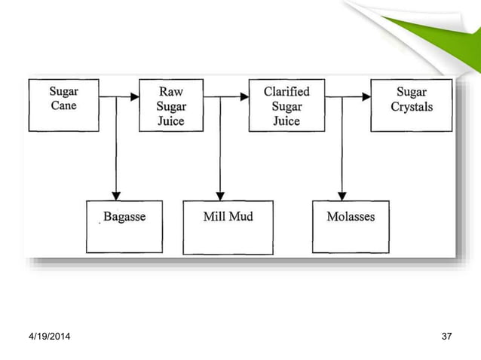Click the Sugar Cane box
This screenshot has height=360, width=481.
click(63, 105)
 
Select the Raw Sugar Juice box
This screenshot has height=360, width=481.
click(170, 105)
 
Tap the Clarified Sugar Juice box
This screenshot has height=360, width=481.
click(286, 105)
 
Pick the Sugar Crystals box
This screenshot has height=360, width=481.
click(411, 105)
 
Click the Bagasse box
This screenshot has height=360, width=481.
click(124, 226)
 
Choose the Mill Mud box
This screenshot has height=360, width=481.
click(228, 226)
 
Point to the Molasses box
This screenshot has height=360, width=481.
click(351, 226)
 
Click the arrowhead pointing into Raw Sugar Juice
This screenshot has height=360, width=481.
click(134, 96)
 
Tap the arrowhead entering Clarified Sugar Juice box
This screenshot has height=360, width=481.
click(244, 96)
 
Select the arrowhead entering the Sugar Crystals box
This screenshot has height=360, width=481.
click(366, 96)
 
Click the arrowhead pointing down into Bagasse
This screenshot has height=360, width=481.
click(115, 195)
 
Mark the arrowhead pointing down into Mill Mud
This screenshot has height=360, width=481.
click(220, 195)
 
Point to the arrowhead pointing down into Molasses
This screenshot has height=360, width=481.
click(342, 195)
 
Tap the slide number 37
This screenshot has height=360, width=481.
click(446, 334)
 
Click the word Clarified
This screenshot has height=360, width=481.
click(286, 91)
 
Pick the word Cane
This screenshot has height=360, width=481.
click(63, 106)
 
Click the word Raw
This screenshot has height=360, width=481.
click(170, 91)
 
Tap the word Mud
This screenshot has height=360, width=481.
click(242, 217)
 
